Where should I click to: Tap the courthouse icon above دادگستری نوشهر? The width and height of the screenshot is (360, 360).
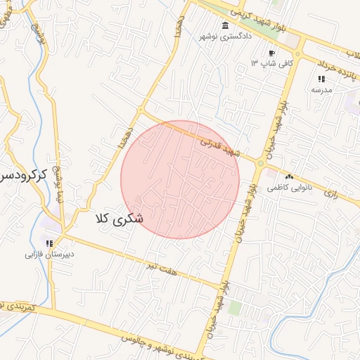224,26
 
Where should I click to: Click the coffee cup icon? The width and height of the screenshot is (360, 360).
272,53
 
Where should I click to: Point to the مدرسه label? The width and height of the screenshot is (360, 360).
321,90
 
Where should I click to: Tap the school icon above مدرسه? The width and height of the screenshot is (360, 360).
321,79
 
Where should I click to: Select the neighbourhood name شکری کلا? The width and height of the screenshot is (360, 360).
120,219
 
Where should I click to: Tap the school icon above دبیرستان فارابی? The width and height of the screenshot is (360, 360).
49,243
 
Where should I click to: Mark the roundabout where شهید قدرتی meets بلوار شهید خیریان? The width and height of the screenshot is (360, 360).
261,164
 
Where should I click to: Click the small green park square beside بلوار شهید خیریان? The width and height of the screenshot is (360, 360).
234,307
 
